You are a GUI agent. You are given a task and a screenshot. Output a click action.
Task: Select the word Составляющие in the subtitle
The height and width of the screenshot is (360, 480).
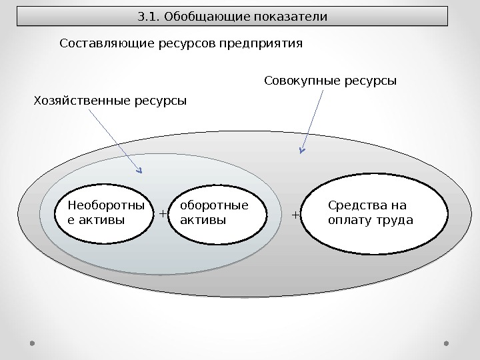101,44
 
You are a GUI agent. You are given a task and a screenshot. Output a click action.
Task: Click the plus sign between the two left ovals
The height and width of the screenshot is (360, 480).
163,214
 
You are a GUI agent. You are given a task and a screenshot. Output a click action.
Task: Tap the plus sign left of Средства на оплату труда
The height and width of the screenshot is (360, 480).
296,215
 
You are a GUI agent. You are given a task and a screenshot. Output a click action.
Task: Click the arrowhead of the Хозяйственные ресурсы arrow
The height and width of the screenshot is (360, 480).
141,169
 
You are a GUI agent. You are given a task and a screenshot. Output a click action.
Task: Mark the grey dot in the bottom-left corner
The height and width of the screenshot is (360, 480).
33,343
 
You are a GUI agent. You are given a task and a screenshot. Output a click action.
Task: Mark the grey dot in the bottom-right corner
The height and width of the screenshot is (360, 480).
446,343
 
